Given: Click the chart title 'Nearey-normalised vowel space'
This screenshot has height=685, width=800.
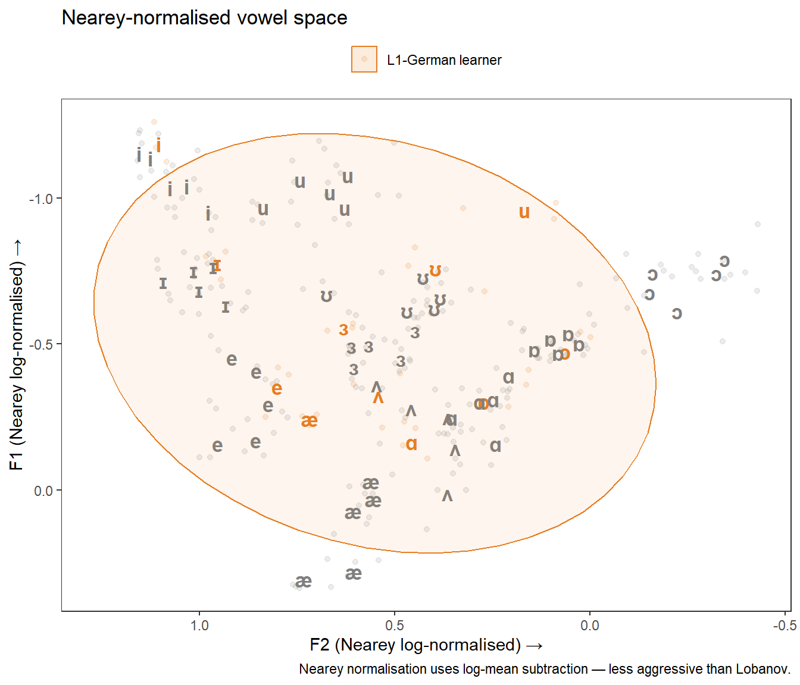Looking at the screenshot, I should (x=204, y=18).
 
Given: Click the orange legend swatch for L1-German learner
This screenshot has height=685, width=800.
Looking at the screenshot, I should (x=364, y=59).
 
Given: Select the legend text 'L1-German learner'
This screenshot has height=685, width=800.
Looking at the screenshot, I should (x=444, y=60).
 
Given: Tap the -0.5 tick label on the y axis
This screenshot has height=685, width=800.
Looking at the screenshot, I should (x=41, y=344).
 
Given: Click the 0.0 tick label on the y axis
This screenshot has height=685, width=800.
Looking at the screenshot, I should (x=43, y=491).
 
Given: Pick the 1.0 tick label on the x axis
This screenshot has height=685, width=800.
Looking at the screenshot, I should (x=199, y=626).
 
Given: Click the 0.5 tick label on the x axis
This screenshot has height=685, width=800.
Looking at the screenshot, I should (x=395, y=626).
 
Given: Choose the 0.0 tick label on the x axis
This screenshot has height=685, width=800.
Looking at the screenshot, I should (x=590, y=626).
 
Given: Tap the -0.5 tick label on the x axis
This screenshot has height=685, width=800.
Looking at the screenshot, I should (x=784, y=626).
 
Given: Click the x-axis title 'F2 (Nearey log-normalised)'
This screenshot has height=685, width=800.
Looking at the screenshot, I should (x=426, y=645).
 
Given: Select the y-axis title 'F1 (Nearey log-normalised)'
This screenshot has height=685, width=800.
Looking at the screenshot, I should (x=17, y=354).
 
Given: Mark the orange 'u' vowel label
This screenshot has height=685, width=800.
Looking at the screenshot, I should (x=524, y=212).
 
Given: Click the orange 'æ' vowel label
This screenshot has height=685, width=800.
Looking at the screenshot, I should (x=309, y=421).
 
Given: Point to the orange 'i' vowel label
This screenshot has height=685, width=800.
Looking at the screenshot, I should (x=158, y=145).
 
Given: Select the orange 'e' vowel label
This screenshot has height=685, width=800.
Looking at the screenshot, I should (x=277, y=389).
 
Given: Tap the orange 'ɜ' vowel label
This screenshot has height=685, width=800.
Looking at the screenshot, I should (x=343, y=330).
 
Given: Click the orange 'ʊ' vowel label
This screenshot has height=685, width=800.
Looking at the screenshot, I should (x=436, y=271).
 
